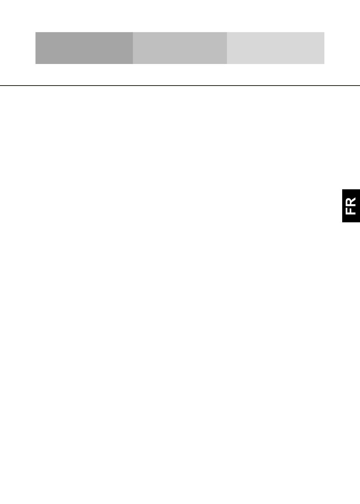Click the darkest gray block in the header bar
click(x=84, y=48)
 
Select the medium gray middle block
click(x=180, y=48)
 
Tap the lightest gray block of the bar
click(x=275, y=48)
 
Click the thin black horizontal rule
click(x=180, y=86)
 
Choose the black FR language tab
click(x=351, y=206)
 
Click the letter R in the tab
click(x=351, y=201)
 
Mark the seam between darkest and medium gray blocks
click(x=133, y=48)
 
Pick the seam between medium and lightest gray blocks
click(x=227, y=48)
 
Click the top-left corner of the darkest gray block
click(x=35, y=32)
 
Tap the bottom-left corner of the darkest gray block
click(x=35, y=64)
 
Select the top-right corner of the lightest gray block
click(x=324, y=32)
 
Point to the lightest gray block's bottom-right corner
click(x=324, y=64)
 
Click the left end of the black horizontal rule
click(x=0, y=86)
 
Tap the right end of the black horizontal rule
click(x=360, y=86)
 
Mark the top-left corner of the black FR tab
click(x=342, y=189)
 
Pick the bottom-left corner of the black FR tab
click(x=342, y=222)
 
